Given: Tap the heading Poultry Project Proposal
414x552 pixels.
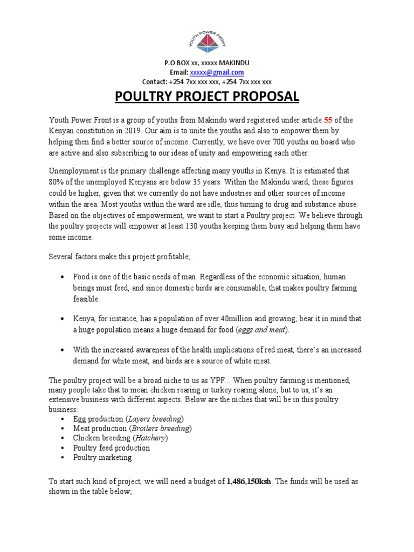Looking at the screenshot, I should (207, 96).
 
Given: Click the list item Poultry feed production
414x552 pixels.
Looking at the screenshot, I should (112, 447).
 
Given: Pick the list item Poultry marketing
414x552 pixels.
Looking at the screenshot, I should (102, 457).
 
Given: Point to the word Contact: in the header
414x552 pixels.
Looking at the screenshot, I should (154, 82).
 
